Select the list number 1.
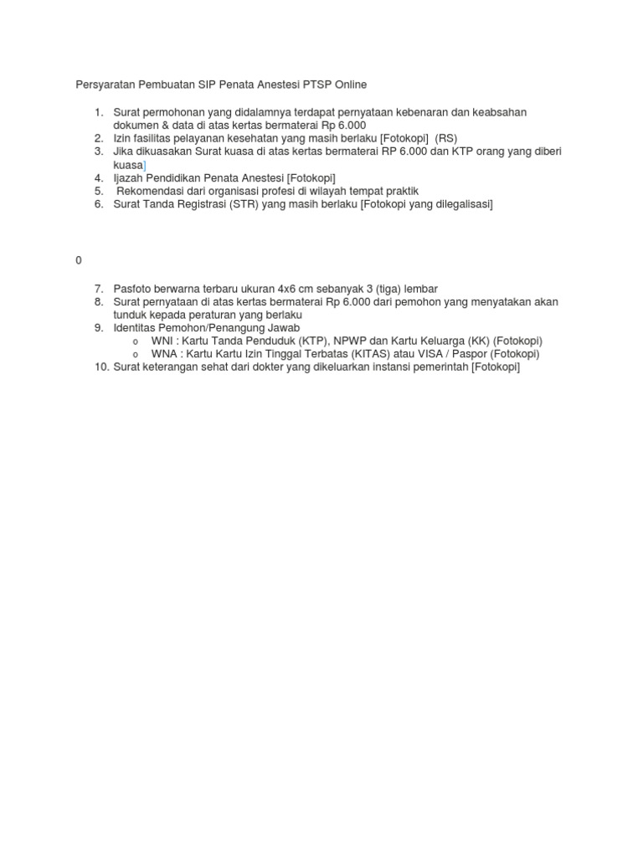[x=98, y=112]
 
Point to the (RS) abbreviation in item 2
[x=446, y=138]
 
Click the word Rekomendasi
[x=152, y=191]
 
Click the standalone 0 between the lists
[x=79, y=260]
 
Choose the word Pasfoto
[x=135, y=289]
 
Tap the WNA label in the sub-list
[x=163, y=353]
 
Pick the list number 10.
[x=100, y=367]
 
